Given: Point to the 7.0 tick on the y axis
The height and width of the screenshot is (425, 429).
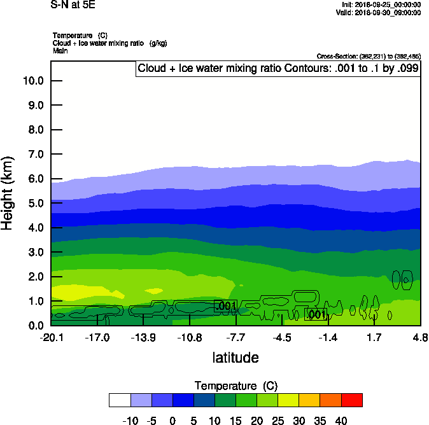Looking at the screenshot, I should tap(35, 155).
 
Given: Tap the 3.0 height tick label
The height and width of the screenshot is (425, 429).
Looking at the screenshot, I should tap(35, 253).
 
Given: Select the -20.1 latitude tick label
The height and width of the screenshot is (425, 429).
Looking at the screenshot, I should tap(51, 337).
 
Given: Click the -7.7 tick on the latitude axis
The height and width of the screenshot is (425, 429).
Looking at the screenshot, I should tap(236, 337).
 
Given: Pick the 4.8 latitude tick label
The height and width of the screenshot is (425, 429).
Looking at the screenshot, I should tap(420, 337).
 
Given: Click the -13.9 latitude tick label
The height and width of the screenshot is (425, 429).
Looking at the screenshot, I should tap(143, 337).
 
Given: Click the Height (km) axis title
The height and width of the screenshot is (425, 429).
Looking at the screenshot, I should tap(8, 193).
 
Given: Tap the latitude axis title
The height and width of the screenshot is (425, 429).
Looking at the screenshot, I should tap(236, 358).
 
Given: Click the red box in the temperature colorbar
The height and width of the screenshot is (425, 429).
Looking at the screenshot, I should tap(352, 400).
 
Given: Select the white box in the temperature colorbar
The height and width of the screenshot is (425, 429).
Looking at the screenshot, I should tap(120, 400).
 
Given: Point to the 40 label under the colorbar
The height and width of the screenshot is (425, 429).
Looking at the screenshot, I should tap(341, 421).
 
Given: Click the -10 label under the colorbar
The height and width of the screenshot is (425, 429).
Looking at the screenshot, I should tap(130, 421).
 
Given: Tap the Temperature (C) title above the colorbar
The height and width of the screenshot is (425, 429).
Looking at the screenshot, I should tap(236, 386).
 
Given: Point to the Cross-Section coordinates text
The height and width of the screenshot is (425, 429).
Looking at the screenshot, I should tap(369, 57).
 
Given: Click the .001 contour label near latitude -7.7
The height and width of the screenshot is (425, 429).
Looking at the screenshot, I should tap(227, 307).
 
